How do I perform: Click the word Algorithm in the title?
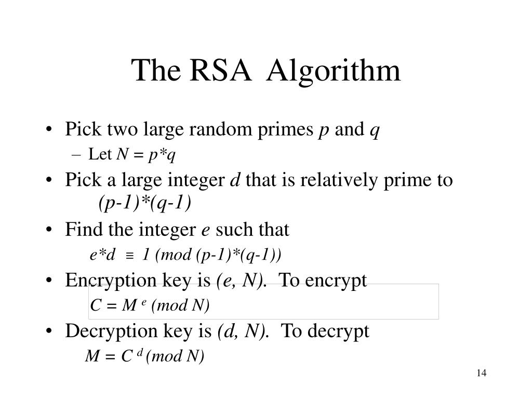(334, 72)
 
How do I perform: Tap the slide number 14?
(481, 374)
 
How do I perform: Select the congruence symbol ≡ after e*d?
(130, 256)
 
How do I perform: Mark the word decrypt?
(337, 331)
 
